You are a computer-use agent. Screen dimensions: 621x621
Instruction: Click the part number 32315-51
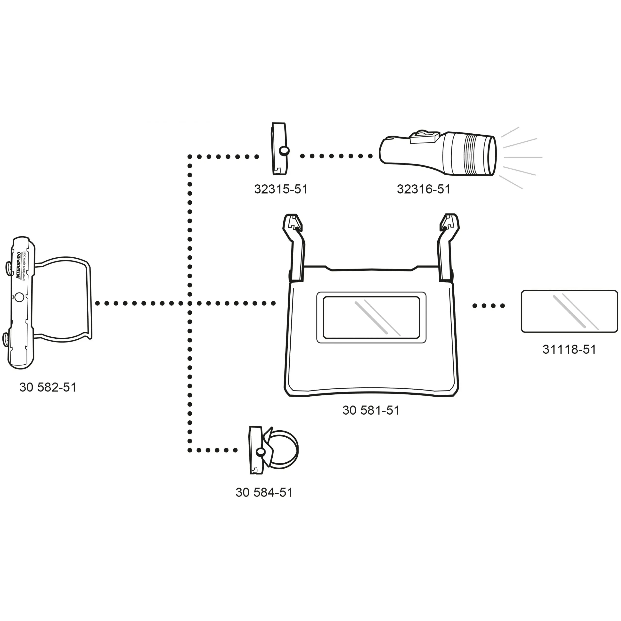[281, 189]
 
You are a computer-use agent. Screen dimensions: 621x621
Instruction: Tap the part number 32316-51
[423, 189]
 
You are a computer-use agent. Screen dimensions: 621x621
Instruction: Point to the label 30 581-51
[371, 410]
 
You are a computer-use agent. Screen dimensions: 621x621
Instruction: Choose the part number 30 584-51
[264, 492]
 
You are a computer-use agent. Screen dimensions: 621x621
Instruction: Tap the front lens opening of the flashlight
[492, 155]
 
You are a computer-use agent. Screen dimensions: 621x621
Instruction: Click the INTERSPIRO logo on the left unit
[19, 265]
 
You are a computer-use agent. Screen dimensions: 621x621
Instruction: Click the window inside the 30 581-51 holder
[371, 317]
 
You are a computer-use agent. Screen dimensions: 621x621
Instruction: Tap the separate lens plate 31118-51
[569, 311]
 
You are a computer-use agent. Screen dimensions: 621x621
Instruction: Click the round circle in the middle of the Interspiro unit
[19, 297]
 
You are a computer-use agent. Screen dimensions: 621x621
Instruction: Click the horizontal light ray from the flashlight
[523, 157]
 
